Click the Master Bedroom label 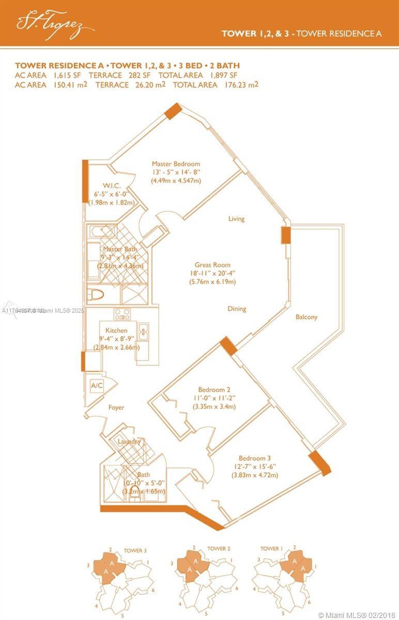[176, 164]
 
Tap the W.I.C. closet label [111, 185]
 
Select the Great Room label [212, 265]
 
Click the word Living [236, 219]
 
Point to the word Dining [237, 309]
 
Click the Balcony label [306, 317]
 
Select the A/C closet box [97, 385]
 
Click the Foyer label [116, 408]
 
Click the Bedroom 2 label [214, 390]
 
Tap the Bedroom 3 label [255, 458]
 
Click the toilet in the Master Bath [96, 295]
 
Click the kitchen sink [144, 330]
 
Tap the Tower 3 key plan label [135, 551]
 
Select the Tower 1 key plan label [270, 549]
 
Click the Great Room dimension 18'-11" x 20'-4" [212, 273]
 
